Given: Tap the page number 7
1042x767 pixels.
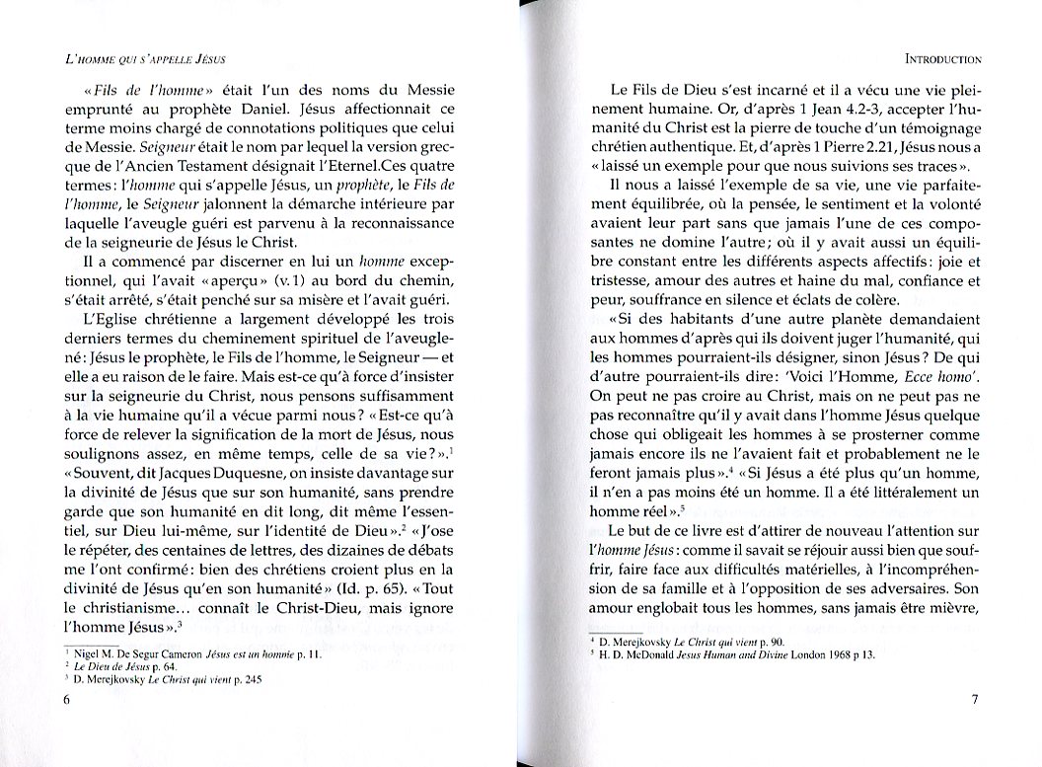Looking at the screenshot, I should coord(973,700).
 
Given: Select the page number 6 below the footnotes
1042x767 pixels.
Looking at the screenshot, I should coord(67,700).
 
